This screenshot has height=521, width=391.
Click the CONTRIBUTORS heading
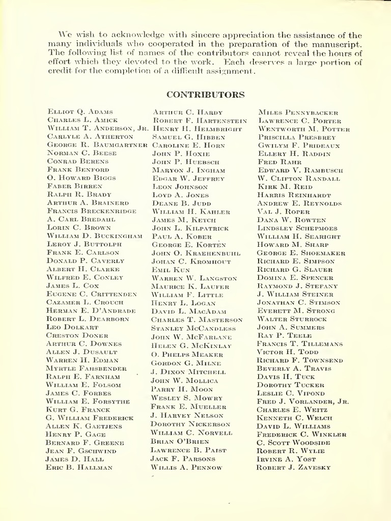pos(206,95)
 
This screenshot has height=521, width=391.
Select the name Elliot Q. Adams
pos(80,111)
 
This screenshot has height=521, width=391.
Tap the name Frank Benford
pos(78,169)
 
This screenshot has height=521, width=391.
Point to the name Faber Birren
pos(74,186)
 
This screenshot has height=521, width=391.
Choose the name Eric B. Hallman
pos(79,467)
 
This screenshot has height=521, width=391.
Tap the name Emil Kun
pos(171,270)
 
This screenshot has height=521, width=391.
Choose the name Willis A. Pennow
pos(186,468)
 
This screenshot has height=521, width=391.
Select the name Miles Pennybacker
pos(298,112)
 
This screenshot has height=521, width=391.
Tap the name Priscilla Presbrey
pos(297,137)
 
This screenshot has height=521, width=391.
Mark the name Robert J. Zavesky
pos(294,468)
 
